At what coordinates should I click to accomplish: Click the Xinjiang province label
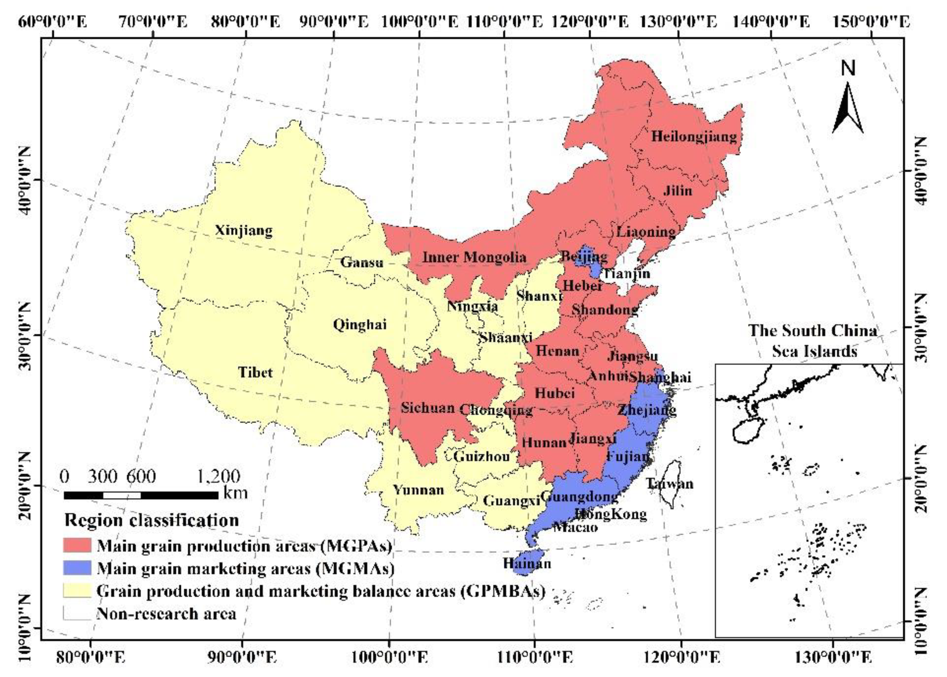click(x=244, y=231)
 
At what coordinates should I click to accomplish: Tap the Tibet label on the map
click(x=255, y=372)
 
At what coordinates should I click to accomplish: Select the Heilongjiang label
click(x=694, y=136)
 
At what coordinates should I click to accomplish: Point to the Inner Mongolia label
click(x=474, y=257)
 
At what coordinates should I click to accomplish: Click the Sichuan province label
click(x=428, y=407)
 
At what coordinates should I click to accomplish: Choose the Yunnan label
click(x=419, y=489)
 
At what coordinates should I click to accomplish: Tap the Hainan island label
click(x=527, y=564)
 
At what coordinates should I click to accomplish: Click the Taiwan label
click(x=669, y=484)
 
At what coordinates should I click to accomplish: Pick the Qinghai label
click(x=360, y=324)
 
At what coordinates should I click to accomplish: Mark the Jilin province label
click(x=677, y=191)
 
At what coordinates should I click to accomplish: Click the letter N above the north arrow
click(x=848, y=68)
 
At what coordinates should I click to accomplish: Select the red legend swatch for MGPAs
click(x=77, y=545)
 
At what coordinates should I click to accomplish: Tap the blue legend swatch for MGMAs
click(x=77, y=568)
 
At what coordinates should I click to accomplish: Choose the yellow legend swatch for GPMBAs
click(x=77, y=590)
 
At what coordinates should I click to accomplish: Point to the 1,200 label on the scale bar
click(x=218, y=476)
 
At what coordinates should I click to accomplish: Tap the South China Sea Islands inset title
click(x=813, y=341)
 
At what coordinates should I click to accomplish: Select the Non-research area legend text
click(x=166, y=613)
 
